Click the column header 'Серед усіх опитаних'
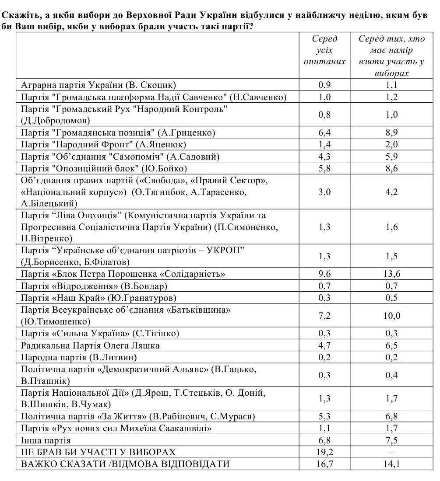(x=324, y=50)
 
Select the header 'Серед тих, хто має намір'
(x=391, y=45)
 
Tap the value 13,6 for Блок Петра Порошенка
(x=391, y=274)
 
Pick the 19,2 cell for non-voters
(x=324, y=452)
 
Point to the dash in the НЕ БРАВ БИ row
(x=391, y=452)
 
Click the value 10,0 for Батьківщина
(x=391, y=316)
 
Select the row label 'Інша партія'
(x=46, y=440)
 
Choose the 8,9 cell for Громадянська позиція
(x=391, y=132)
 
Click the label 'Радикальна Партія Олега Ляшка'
(x=90, y=345)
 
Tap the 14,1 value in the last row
(x=391, y=464)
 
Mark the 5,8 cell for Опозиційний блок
(x=324, y=168)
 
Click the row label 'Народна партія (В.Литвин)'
(x=79, y=357)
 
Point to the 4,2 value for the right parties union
(x=391, y=192)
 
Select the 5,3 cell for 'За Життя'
(x=324, y=416)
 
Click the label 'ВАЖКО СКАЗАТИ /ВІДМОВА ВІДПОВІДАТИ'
(x=125, y=464)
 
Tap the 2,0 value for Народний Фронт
(x=391, y=144)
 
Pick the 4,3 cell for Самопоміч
(x=324, y=156)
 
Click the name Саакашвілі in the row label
(x=185, y=429)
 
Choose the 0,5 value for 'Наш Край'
(x=391, y=298)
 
